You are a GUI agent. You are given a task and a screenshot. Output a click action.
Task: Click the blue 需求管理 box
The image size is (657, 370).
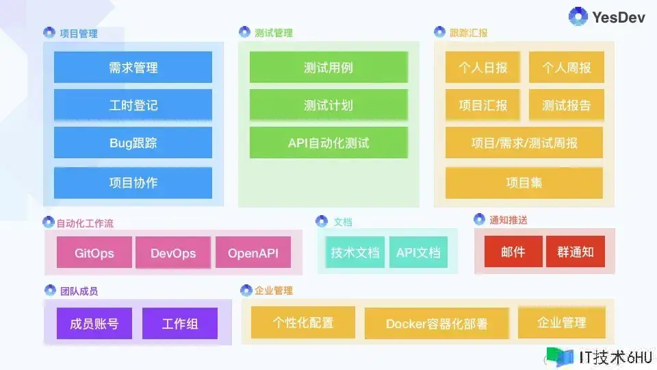coord(133,67)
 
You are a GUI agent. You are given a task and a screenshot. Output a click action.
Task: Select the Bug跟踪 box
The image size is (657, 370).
coord(133,143)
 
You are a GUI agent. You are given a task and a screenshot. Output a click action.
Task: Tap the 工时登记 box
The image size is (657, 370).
coord(133,105)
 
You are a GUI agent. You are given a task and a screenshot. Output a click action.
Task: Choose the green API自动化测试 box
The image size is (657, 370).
coord(328,143)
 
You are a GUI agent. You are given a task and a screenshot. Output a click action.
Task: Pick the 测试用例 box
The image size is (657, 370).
coord(328,67)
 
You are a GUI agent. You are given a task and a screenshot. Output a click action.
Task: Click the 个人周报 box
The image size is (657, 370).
coord(567,67)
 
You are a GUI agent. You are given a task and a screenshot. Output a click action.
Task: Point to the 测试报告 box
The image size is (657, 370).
coord(567,105)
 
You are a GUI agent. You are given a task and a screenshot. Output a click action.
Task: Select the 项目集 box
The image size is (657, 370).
coord(524,183)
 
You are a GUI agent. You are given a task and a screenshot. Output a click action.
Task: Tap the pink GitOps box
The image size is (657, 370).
coord(94,252)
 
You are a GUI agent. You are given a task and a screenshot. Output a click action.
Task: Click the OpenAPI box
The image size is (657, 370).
coord(253,252)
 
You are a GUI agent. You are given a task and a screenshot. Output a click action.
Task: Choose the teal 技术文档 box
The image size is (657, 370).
coord(355,252)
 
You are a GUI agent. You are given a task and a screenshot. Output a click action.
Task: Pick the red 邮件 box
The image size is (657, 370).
coord(513,251)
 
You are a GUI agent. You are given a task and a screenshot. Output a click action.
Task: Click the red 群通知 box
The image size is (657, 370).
coord(576,251)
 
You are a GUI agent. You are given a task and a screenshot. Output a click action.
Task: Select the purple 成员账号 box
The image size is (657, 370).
coord(94,323)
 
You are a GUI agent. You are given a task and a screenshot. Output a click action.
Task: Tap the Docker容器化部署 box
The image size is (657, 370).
coord(437,323)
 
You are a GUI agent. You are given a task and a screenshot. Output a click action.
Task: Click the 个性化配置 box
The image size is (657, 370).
coord(303,322)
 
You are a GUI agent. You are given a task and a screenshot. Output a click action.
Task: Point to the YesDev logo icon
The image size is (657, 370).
coord(578,16)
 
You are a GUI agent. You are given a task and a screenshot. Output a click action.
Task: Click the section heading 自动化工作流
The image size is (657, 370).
coord(85,223)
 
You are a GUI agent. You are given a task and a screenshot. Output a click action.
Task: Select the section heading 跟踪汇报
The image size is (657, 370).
coord(468,33)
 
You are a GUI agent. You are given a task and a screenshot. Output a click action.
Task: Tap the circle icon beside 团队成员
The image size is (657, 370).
coord(50,290)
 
